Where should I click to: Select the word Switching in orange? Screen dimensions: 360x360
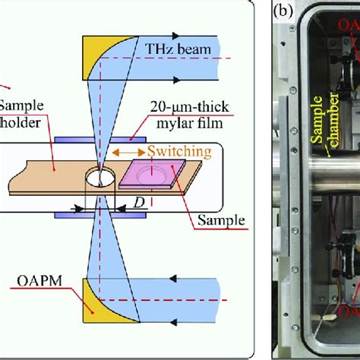click(x=179, y=152)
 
